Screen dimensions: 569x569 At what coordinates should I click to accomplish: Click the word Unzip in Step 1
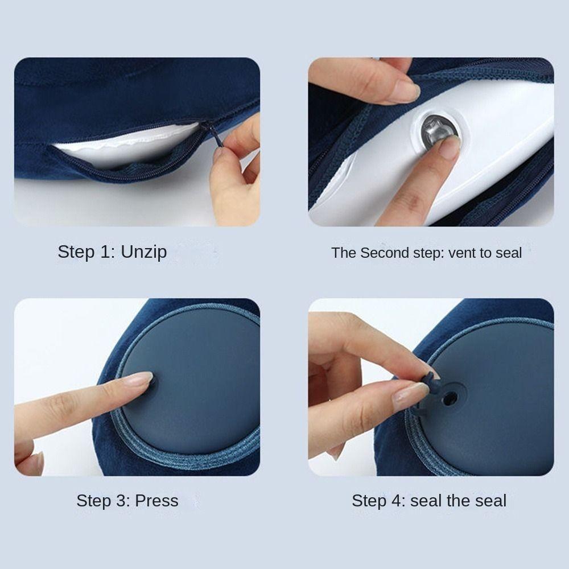pos(144,252)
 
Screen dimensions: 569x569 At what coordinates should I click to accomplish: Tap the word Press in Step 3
pos(156,501)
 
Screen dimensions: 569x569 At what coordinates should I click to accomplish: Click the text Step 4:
pos(378,501)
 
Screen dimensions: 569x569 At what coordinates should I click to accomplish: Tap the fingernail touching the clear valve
pos(450,147)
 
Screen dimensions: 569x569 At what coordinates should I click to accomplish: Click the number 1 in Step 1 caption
pos(108,252)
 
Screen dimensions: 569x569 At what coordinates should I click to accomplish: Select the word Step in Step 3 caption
pos(97,501)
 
